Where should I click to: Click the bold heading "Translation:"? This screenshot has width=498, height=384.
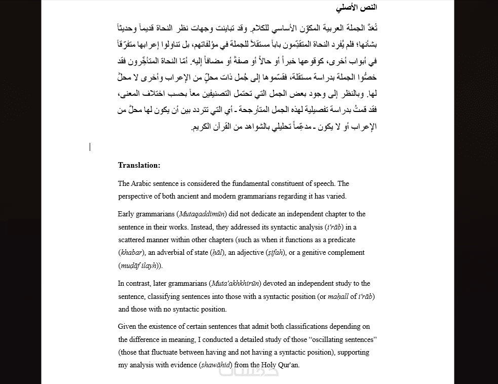coord(139,165)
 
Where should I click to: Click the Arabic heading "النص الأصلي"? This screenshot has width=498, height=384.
coord(357,8)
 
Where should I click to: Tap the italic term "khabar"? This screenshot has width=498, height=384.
coord(131,253)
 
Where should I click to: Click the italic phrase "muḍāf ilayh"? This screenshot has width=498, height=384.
coord(139,265)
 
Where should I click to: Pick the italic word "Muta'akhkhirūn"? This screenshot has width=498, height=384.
coord(236,284)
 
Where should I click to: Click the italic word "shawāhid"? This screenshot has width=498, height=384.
coord(216,365)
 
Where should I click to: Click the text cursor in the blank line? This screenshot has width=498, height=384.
coord(90,147)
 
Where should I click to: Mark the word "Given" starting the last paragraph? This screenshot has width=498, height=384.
coord(128,327)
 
